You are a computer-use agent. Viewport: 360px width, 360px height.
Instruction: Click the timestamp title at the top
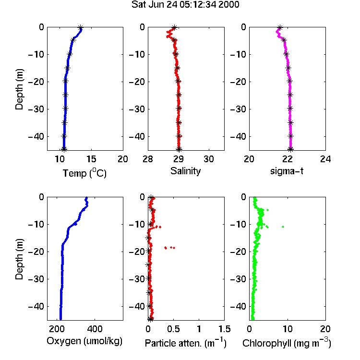[185, 5]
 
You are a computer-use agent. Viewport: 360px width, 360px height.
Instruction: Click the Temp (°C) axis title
[84, 173]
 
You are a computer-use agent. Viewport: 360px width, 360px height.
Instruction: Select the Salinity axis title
[185, 171]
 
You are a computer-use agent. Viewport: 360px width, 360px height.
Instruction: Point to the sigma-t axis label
[287, 171]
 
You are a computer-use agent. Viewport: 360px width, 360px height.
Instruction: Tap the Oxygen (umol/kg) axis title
[84, 341]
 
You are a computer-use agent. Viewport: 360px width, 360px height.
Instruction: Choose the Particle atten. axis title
[186, 343]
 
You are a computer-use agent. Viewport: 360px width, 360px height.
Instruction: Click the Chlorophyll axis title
[287, 343]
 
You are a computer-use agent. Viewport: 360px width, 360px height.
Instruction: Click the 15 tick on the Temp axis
[91, 159]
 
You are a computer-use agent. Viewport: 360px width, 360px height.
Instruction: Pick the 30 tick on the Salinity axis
[209, 159]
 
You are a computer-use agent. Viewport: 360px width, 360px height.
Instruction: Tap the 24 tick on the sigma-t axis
[325, 159]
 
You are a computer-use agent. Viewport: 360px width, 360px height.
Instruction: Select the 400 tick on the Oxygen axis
[95, 329]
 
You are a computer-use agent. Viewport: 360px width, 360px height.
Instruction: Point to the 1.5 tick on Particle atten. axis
[224, 329]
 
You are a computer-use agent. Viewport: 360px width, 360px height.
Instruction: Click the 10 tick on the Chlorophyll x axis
[288, 329]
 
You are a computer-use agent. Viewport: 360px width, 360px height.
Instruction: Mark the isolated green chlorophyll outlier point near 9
[283, 227]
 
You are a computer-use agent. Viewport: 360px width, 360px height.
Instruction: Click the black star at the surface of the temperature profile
[80, 28]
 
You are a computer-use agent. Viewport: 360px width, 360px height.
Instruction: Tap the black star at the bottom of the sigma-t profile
[291, 149]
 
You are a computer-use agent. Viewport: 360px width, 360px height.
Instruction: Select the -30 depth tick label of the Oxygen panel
[36, 279]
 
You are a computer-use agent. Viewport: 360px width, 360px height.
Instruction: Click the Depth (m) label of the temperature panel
[19, 89]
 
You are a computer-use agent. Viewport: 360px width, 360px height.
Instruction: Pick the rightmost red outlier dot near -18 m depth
[174, 248]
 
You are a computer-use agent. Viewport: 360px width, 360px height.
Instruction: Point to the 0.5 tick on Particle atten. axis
[173, 329]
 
